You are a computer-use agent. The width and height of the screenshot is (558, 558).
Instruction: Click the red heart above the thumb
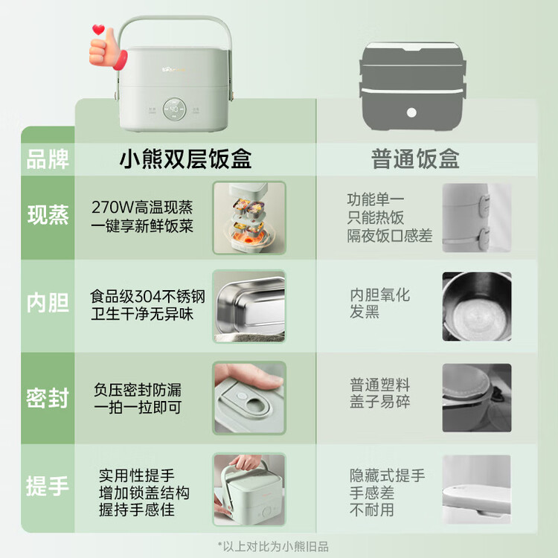click(98, 29)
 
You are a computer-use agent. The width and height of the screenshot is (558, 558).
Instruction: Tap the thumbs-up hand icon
click(107, 50)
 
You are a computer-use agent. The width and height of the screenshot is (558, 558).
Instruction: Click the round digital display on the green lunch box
click(174, 109)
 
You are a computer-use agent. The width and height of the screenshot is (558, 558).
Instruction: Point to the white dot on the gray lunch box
click(411, 113)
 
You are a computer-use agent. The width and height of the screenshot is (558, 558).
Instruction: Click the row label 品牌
click(48, 159)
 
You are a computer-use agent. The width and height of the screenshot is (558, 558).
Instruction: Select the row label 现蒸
click(48, 214)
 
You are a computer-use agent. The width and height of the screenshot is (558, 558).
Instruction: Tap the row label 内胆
click(48, 303)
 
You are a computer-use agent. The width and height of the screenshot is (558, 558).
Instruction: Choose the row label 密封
click(48, 397)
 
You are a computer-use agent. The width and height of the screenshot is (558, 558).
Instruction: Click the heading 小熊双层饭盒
click(185, 158)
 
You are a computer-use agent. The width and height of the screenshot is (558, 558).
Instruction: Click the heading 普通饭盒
click(415, 158)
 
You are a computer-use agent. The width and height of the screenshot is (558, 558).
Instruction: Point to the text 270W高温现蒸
click(142, 207)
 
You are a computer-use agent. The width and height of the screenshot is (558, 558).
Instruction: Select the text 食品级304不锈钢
click(147, 296)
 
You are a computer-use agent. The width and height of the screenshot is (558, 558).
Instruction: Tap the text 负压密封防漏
click(138, 390)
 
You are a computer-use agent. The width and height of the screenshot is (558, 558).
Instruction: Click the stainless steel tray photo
click(249, 306)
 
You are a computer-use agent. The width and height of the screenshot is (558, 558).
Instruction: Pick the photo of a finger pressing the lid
click(249, 398)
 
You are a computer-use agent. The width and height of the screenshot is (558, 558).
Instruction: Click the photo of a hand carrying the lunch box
click(249, 490)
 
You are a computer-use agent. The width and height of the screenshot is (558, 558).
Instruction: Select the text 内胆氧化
click(379, 295)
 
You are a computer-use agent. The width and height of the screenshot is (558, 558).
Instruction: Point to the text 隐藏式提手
click(387, 475)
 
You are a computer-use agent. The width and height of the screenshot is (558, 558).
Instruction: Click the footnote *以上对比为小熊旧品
click(273, 546)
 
